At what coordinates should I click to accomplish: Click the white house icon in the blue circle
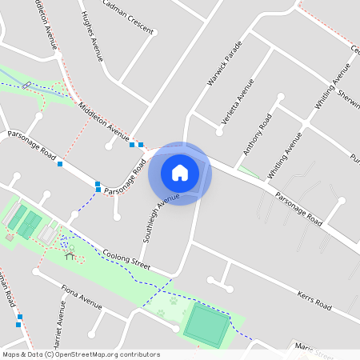pyautogui.click(x=180, y=172)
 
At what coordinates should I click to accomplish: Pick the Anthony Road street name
pyautogui.click(x=258, y=134)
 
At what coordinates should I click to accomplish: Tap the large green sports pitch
pyautogui.click(x=206, y=324)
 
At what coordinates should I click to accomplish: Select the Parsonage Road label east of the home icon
pyautogui.click(x=297, y=206)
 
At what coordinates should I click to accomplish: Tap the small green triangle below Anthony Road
pyautogui.click(x=249, y=172)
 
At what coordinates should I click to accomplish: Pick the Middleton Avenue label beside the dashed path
pyautogui.click(x=105, y=119)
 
